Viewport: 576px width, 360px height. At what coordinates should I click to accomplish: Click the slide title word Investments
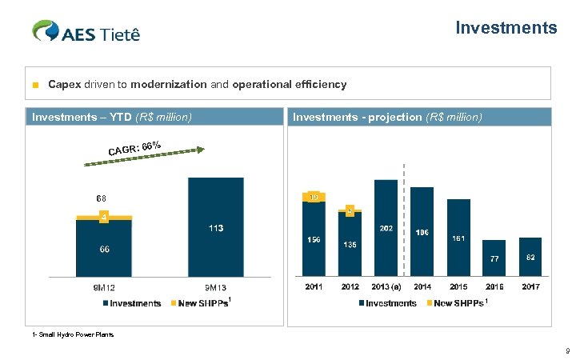(506, 28)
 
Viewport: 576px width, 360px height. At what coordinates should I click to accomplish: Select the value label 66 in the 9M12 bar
(104, 250)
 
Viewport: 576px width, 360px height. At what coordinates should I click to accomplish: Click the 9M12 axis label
(104, 288)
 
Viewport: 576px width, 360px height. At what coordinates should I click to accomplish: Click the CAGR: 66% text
(135, 148)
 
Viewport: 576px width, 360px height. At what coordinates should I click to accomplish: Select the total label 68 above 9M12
(101, 198)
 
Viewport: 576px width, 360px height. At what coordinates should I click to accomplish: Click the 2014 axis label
(423, 288)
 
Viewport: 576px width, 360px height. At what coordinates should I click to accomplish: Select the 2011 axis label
(314, 288)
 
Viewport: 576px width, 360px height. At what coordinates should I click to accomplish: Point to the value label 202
(386, 228)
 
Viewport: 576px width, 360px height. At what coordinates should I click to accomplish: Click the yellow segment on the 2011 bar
(314, 197)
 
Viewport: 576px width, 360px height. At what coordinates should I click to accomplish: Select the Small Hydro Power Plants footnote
(72, 334)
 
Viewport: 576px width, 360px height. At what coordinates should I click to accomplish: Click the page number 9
(566, 350)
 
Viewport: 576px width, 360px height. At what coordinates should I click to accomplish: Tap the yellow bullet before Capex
(35, 84)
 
